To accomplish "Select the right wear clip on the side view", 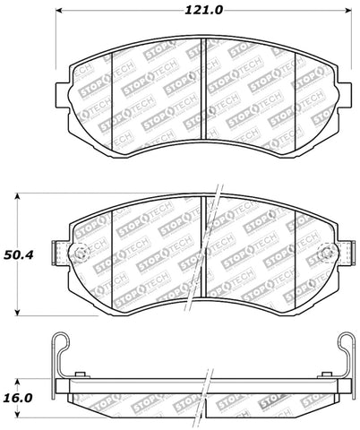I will (347, 358).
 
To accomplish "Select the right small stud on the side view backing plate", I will (327, 373).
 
